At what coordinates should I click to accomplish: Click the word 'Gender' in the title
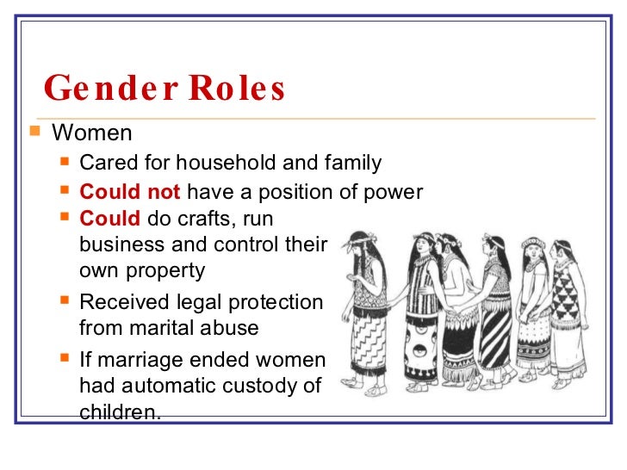(102, 88)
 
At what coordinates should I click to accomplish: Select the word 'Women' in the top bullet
(92, 133)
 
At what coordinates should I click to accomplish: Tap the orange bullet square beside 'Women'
(34, 133)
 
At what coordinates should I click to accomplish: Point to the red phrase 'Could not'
(130, 191)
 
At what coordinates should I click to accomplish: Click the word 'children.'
(120, 411)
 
